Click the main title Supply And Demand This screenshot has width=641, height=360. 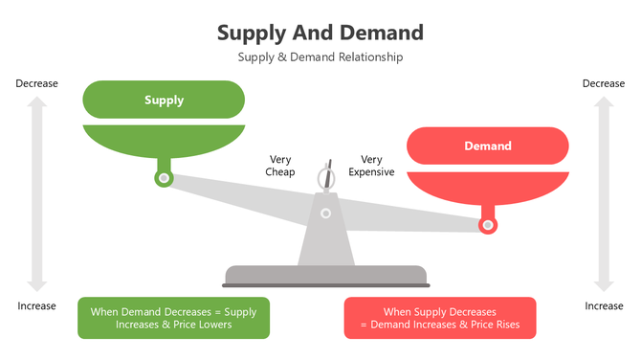320,32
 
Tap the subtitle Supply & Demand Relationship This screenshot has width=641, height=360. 320,56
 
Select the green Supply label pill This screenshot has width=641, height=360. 164,100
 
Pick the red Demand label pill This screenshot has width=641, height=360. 488,146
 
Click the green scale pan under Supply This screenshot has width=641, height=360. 164,139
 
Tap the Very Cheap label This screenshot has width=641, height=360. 279,166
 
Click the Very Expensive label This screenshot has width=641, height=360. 371,166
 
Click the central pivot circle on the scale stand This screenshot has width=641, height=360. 325,213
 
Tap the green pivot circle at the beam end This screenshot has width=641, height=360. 164,178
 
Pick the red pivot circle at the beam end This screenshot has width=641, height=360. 488,225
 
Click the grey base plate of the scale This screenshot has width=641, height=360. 325,276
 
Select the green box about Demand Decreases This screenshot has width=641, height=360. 173,318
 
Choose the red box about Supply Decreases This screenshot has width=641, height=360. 440,318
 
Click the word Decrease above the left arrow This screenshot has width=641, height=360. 36,83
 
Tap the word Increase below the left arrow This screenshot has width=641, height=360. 36,305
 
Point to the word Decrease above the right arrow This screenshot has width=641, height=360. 604,83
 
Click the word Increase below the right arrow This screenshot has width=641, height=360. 604,305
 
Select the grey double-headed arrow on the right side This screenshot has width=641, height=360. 604,194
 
